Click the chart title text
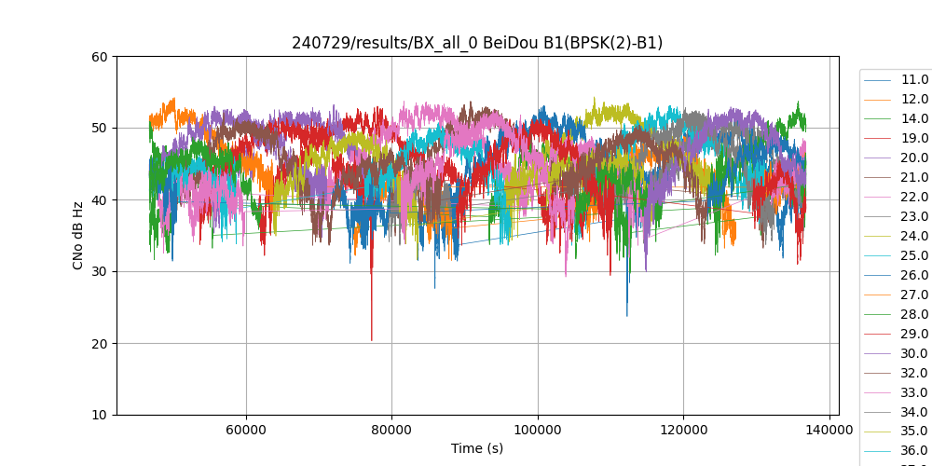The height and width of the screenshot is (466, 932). coord(477,43)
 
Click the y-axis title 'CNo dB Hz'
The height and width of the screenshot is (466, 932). coord(79,236)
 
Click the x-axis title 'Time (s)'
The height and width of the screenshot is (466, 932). coord(477,448)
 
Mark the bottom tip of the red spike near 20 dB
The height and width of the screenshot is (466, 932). coord(371,341)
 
